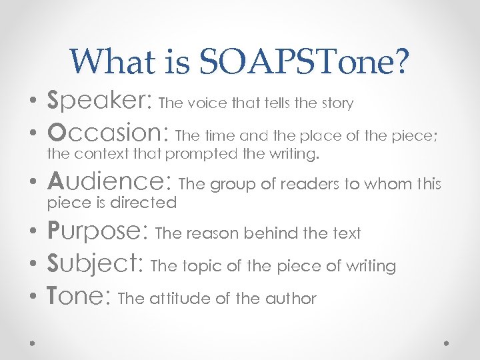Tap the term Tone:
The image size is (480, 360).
coord(80,297)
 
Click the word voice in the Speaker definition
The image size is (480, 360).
coord(205,103)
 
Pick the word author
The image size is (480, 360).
coord(290,299)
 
